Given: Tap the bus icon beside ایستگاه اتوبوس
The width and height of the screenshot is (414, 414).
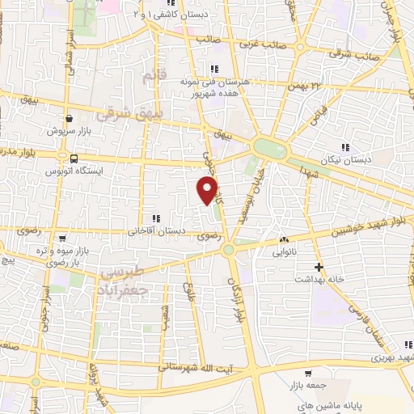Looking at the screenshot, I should click(74, 158).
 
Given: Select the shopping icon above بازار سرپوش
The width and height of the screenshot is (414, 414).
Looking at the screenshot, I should click(70, 118).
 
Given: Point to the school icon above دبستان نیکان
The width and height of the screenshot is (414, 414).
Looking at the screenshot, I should click(347, 147).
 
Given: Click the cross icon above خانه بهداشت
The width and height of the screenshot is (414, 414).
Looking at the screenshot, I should click(319, 266).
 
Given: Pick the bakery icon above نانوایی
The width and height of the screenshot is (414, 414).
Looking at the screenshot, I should click(284, 240).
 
